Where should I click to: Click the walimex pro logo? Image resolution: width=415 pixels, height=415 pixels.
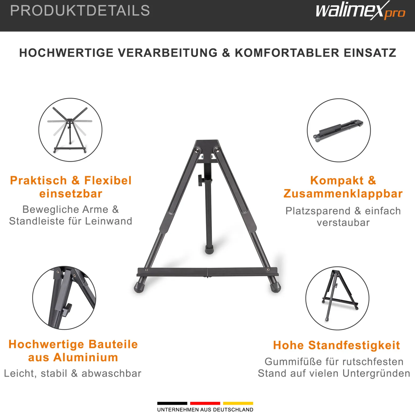[360, 11]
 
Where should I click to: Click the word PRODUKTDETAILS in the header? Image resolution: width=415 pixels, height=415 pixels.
[80, 11]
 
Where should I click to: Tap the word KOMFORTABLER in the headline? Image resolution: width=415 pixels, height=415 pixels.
[287, 53]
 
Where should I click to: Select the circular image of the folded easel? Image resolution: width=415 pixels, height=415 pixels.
[339, 130]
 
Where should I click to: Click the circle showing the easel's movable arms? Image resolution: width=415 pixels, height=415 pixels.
[70, 130]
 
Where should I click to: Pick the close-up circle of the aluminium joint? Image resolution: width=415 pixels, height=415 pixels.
[64, 298]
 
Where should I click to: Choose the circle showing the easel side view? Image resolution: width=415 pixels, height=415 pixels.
[337, 298]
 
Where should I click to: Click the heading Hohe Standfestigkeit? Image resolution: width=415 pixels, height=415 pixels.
[337, 345]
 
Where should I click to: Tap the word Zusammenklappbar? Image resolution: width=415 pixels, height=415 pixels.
[343, 194]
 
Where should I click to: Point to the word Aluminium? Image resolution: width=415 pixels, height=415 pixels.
[86, 357]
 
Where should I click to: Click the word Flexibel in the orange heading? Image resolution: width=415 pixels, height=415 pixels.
[108, 180]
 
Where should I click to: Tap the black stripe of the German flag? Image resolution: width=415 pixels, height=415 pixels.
[172, 403]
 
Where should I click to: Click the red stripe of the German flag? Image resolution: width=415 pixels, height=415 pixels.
[205, 403]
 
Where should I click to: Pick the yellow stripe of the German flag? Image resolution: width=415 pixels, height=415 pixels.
[238, 403]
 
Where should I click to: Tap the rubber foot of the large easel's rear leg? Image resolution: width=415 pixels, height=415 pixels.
[209, 250]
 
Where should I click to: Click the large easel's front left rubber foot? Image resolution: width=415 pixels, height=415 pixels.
[139, 287]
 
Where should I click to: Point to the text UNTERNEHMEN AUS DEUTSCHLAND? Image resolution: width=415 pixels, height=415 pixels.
[205, 410]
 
